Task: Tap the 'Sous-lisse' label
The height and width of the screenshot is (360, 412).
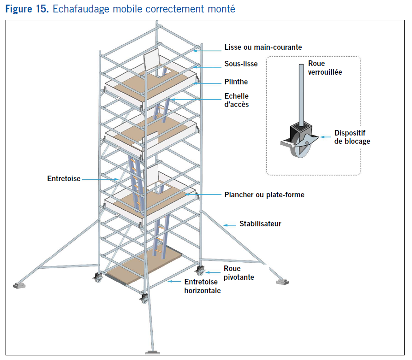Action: click(241, 64)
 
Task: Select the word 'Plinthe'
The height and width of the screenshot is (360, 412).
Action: click(236, 82)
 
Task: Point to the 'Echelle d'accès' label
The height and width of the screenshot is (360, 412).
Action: click(236, 100)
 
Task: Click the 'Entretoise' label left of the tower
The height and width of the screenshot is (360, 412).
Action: click(64, 178)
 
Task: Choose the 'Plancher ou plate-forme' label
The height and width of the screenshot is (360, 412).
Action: click(264, 195)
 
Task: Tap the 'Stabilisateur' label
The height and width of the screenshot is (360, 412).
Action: click(260, 224)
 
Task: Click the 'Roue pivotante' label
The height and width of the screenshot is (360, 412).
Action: click(239, 273)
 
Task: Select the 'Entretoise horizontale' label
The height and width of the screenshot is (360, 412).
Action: click(202, 286)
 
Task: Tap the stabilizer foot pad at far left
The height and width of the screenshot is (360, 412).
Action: click(21, 285)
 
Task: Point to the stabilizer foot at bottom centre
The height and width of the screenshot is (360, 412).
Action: click(153, 353)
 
